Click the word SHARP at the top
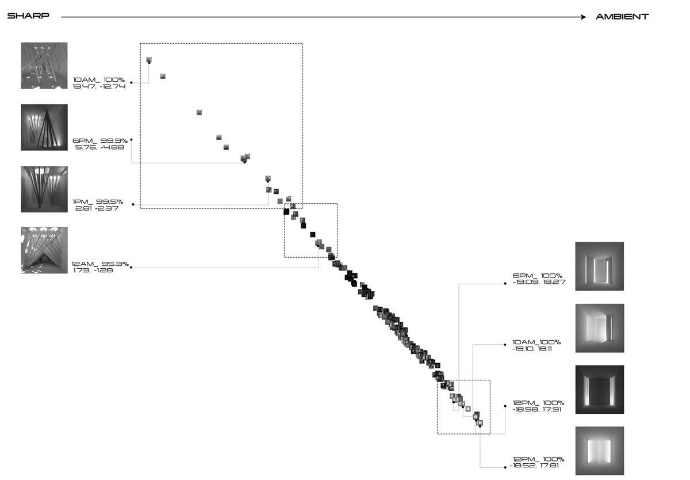[x=28, y=17]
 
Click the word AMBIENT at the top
[x=622, y=17]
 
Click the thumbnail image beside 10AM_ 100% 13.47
[x=44, y=65]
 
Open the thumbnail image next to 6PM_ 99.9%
[x=44, y=127]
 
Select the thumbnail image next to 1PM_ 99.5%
[x=44, y=189]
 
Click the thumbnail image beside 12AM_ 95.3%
[x=44, y=250]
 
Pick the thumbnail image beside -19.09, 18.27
[x=600, y=266]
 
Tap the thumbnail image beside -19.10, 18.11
[x=600, y=328]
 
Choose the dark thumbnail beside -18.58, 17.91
[x=600, y=390]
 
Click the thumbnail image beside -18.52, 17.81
[x=600, y=451]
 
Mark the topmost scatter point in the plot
[x=149, y=60]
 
